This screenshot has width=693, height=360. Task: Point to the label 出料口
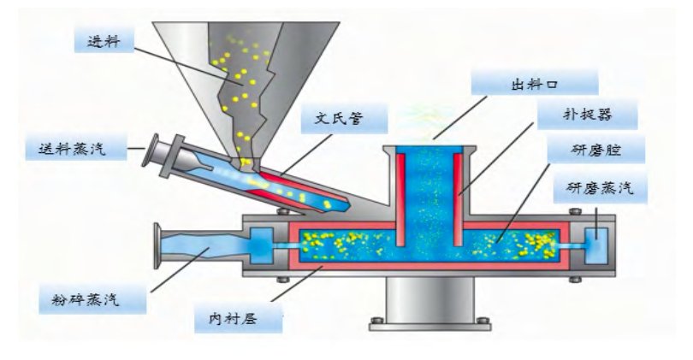528,85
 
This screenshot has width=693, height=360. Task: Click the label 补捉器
588,115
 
